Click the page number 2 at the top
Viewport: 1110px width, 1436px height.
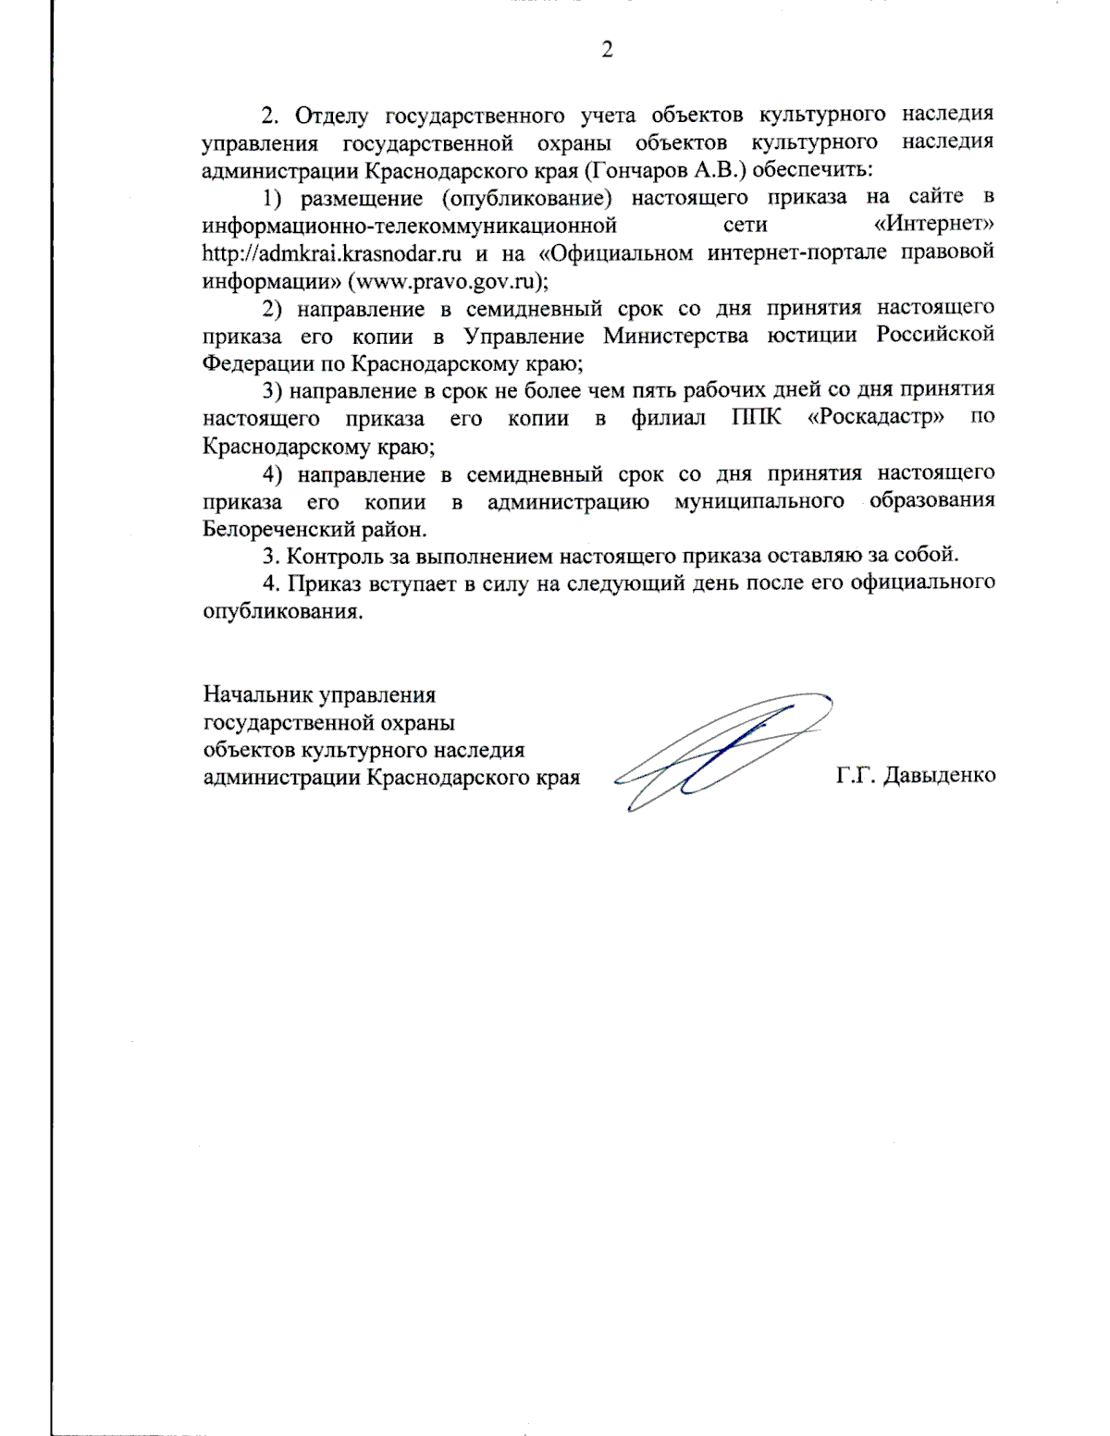pyautogui.click(x=607, y=50)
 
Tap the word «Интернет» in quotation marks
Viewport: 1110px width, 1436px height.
pyautogui.click(x=934, y=225)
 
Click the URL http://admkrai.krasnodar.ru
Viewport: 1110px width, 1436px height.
pyautogui.click(x=332, y=253)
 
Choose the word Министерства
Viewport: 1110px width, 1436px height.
pyautogui.click(x=676, y=336)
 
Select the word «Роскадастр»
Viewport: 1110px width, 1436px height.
pyautogui.click(x=876, y=418)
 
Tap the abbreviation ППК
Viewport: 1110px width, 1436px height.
pyautogui.click(x=756, y=418)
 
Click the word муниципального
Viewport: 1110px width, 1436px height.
pyautogui.click(x=758, y=501)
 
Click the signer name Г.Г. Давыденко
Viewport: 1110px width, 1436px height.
pyautogui.click(x=915, y=776)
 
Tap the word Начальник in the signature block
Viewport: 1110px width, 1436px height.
pyautogui.click(x=257, y=694)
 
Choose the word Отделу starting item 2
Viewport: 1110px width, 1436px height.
pyautogui.click(x=331, y=116)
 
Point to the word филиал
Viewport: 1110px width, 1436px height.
pyautogui.click(x=668, y=418)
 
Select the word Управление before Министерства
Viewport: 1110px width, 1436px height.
pyautogui.click(x=524, y=336)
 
